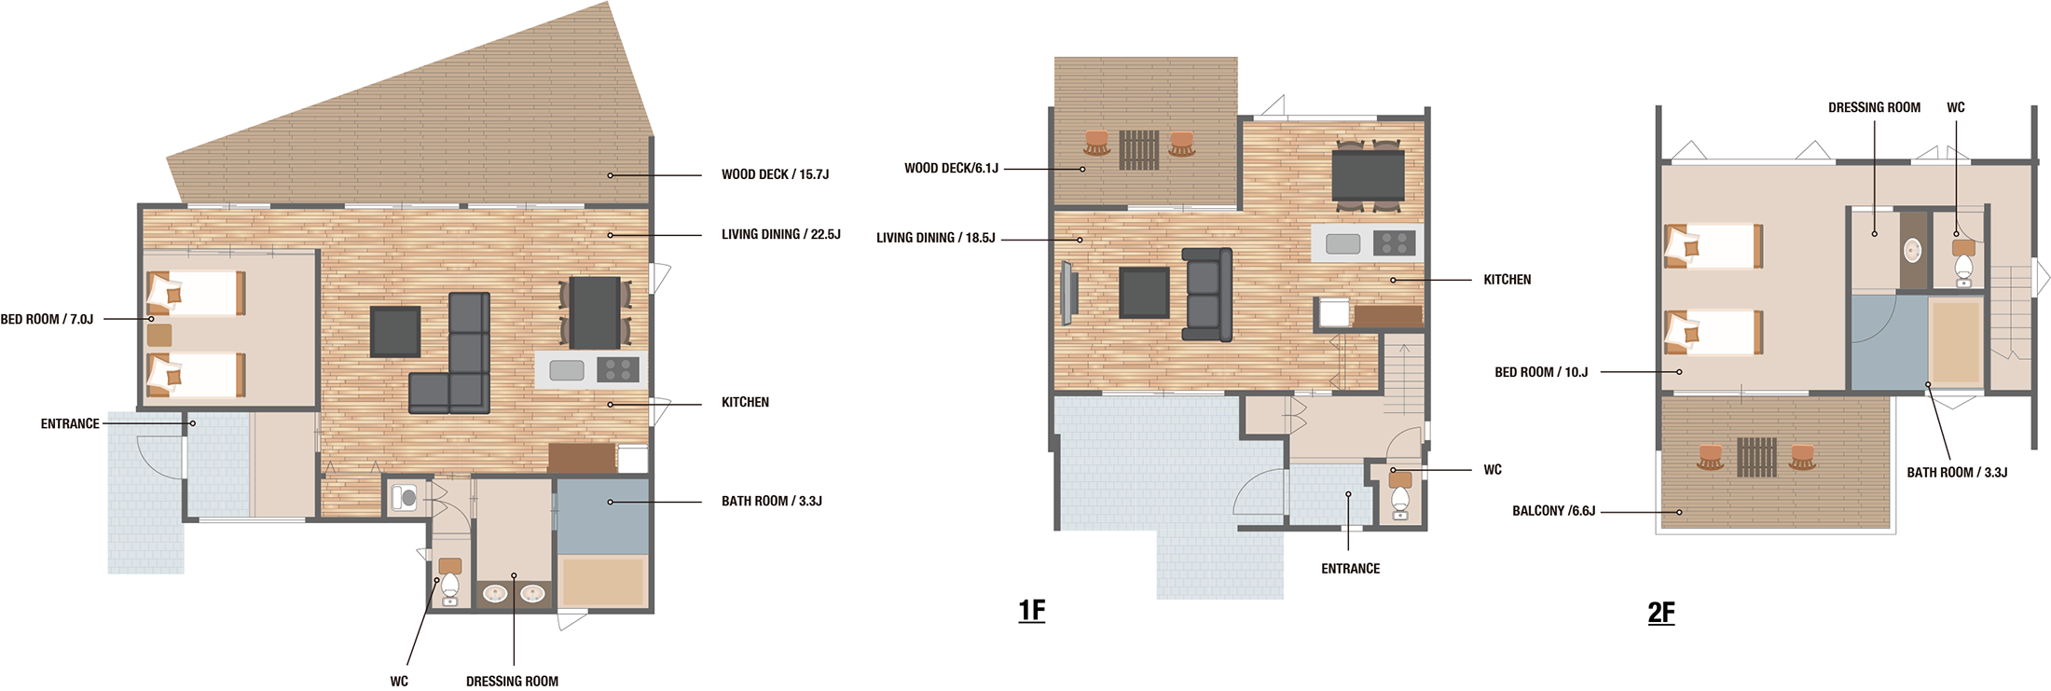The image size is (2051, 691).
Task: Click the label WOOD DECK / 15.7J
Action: pos(775,174)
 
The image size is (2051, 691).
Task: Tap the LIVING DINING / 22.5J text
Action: pos(781,235)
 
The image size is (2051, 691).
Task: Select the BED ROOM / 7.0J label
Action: pos(47,319)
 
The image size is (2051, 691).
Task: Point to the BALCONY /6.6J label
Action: pos(1553,511)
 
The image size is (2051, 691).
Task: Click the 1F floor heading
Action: pos(1032,611)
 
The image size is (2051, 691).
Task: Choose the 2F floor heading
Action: pos(1661,613)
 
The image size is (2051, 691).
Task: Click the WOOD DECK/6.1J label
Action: pos(951,169)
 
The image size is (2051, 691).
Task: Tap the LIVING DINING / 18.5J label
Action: pos(936,238)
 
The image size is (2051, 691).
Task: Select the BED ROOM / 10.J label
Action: pos(1541,372)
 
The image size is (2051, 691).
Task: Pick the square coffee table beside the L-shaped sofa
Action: pos(395,332)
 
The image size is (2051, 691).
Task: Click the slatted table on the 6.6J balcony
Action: pos(1756,457)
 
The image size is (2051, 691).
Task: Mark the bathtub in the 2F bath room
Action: pos(1956,341)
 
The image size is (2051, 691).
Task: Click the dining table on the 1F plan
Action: pos(1369,175)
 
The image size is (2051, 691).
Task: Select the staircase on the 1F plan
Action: pos(1403,377)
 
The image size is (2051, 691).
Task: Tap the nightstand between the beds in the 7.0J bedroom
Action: pos(159,335)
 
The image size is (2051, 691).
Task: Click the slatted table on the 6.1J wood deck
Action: pos(1139,149)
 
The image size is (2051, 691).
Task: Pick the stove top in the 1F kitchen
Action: pos(1395,243)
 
